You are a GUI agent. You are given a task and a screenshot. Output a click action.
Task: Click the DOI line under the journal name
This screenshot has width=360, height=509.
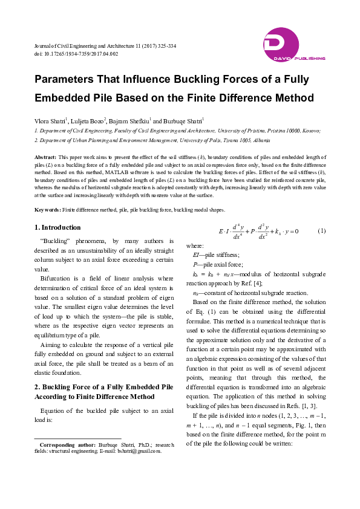coord(76,54)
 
